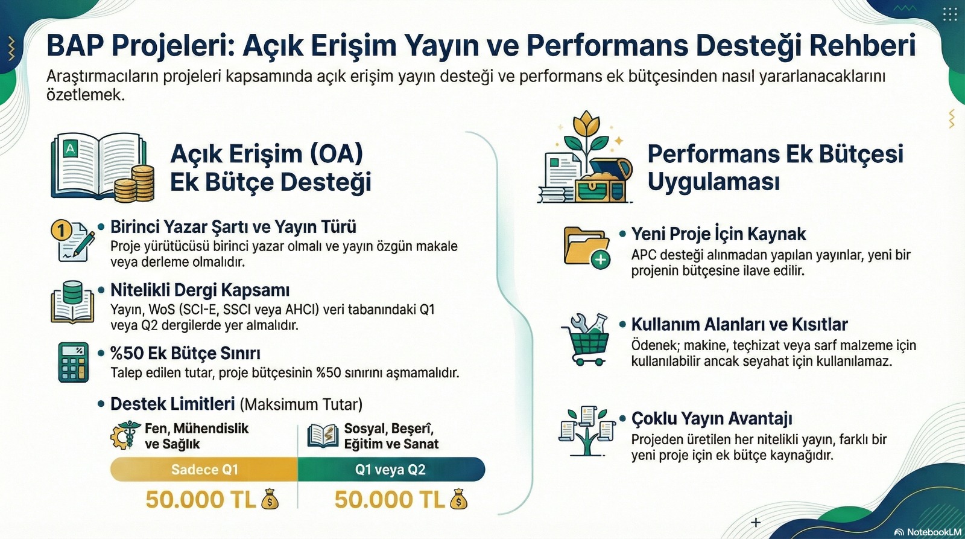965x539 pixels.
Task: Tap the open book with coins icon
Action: coord(103,168)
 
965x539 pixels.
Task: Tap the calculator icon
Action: coord(73,362)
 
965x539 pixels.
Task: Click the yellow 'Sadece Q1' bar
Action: coord(204,469)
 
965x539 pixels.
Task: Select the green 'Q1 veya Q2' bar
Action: coord(391,469)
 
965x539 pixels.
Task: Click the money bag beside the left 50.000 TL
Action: coord(270,499)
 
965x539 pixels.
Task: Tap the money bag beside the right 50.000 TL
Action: coord(458,499)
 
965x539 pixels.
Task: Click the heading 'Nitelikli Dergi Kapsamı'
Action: coord(200,290)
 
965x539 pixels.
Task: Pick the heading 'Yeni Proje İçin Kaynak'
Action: coord(718,234)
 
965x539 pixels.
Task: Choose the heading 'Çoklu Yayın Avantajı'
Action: coord(712,418)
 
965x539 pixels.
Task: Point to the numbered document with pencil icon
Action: coord(73,241)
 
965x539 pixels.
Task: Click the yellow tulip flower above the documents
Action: coord(586,124)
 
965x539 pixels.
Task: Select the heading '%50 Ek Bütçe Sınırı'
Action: coord(185,353)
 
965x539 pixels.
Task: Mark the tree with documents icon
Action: coord(587,431)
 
